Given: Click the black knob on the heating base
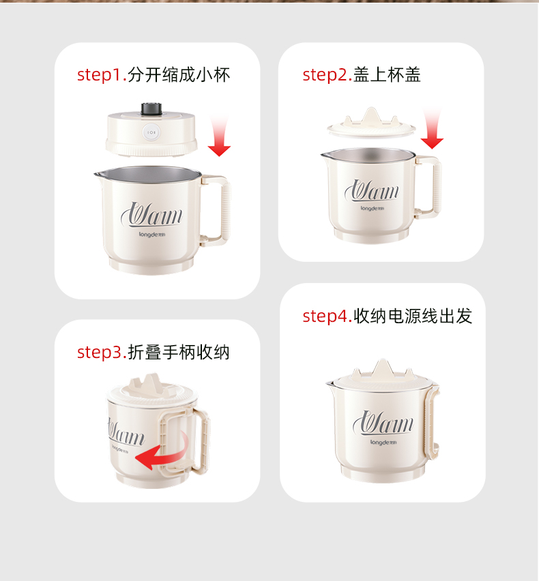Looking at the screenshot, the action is (x=151, y=108).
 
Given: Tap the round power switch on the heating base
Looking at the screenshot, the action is (x=151, y=132).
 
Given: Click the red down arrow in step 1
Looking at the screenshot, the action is (x=219, y=136).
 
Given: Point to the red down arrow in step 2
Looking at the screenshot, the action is (x=432, y=128).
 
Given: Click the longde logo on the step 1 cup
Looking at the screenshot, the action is (x=152, y=234).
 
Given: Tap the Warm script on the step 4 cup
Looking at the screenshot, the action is (x=383, y=423).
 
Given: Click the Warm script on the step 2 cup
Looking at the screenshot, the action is (x=372, y=191).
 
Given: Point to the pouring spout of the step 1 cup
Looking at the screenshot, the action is (x=99, y=174).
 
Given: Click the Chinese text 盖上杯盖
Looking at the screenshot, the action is (x=387, y=75).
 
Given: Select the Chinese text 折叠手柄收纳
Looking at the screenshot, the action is (x=179, y=352).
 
